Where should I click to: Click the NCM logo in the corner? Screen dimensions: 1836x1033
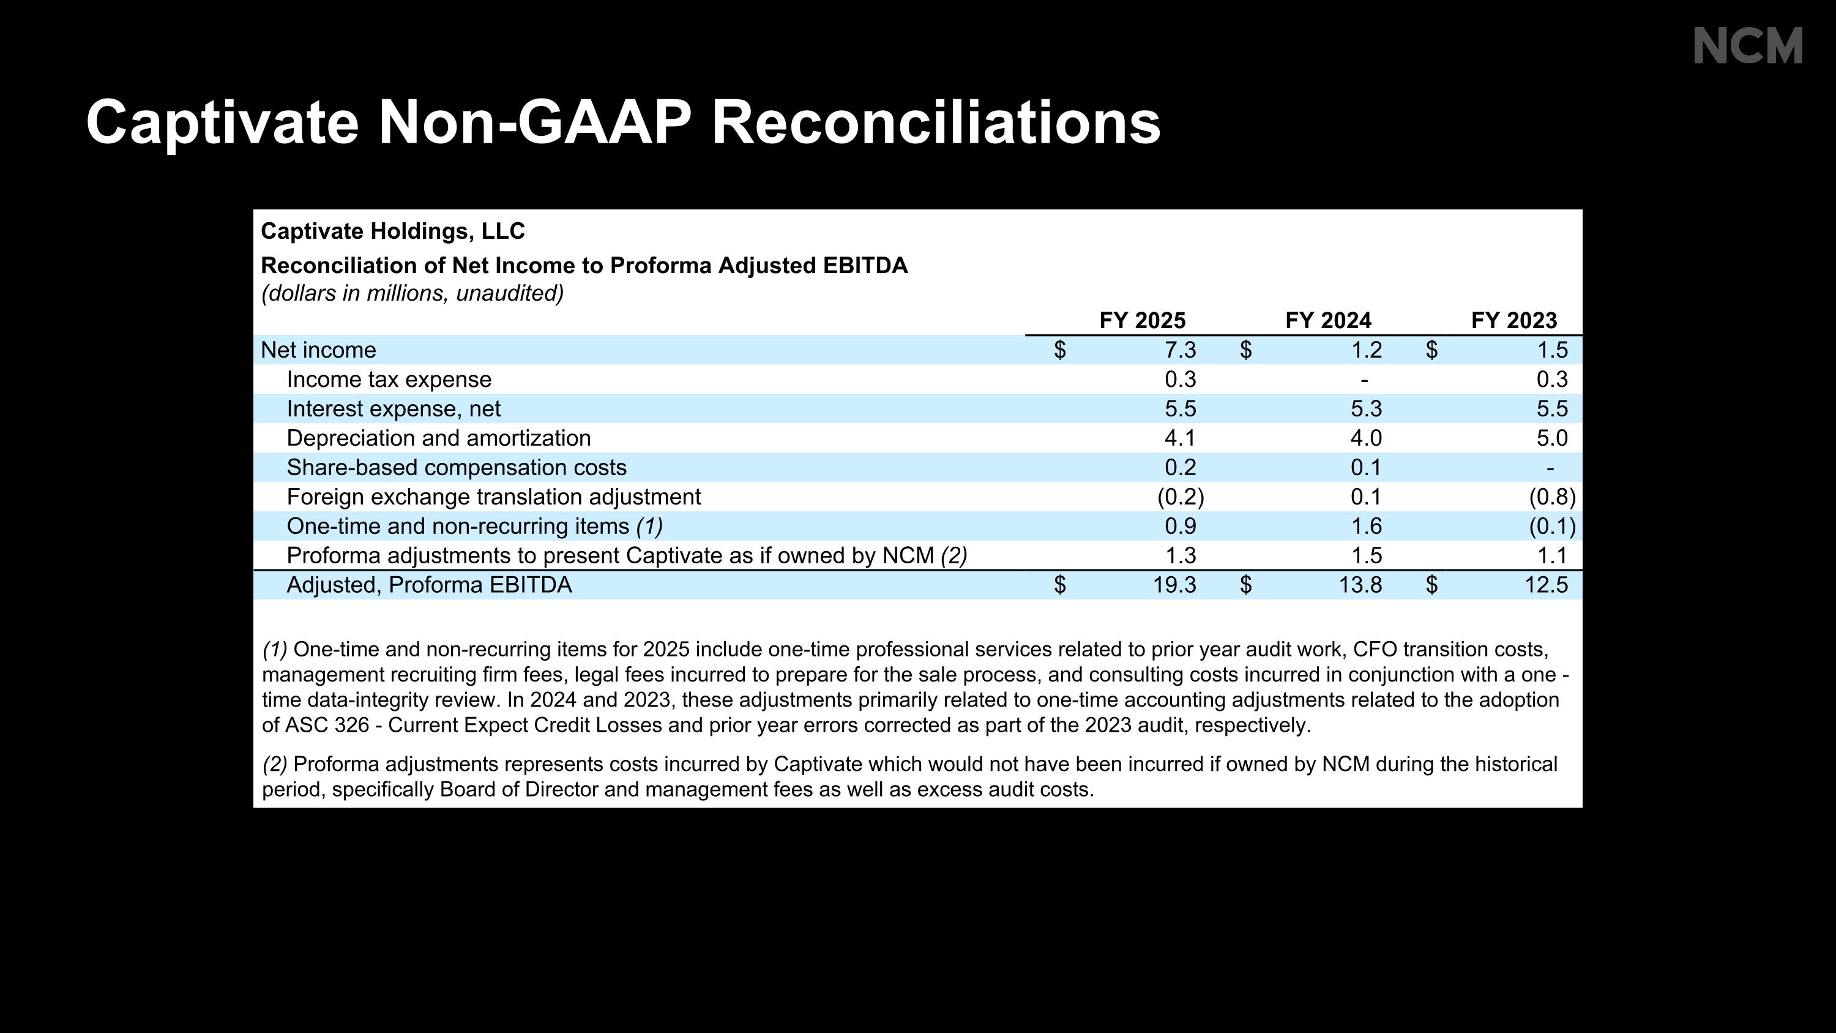pyautogui.click(x=1748, y=46)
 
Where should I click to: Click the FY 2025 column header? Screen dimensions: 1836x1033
pyautogui.click(x=1143, y=321)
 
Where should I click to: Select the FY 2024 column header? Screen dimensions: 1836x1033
pyautogui.click(x=1329, y=321)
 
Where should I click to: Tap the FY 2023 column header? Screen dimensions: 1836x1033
pyautogui.click(x=1515, y=321)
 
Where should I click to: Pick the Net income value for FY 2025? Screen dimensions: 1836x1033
pyautogui.click(x=1181, y=350)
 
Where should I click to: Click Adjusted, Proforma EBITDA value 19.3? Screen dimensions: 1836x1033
pyautogui.click(x=1174, y=585)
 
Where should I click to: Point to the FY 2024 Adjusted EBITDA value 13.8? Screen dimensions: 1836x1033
pyautogui.click(x=1360, y=585)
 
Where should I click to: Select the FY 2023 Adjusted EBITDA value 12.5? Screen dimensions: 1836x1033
pyautogui.click(x=1546, y=585)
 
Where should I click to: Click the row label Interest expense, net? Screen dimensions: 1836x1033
pyautogui.click(x=394, y=408)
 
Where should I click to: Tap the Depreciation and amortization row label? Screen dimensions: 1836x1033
pyautogui.click(x=439, y=438)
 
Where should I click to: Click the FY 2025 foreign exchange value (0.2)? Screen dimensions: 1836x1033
pyautogui.click(x=1181, y=497)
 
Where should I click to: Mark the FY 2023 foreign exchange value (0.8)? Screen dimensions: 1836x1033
pyautogui.click(x=1552, y=497)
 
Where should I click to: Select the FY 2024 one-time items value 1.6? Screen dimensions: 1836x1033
pyautogui.click(x=1367, y=526)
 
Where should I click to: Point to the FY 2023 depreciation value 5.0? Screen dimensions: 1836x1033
pyautogui.click(x=1552, y=438)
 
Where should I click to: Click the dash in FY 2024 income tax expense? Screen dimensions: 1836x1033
pyautogui.click(x=1364, y=381)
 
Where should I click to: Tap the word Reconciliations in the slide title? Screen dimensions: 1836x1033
pyautogui.click(x=936, y=122)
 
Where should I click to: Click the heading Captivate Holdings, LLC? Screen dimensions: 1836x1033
pyautogui.click(x=393, y=231)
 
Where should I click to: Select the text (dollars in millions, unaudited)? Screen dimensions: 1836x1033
pyautogui.click(x=412, y=293)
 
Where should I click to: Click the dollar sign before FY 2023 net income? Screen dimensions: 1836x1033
pyautogui.click(x=1432, y=350)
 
